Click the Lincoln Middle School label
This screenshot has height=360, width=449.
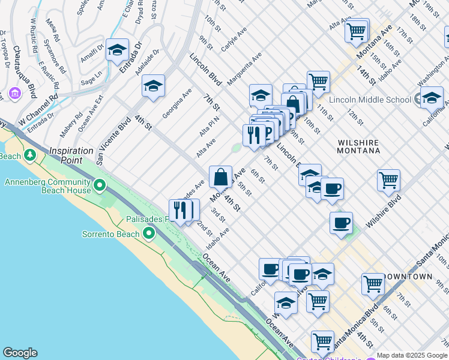(x=368, y=98)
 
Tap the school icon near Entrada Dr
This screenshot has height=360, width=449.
(x=117, y=50)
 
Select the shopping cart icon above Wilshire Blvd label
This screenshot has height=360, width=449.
(x=388, y=179)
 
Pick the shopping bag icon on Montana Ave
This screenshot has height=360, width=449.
(x=220, y=176)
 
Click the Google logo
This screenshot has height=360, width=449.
(x=19, y=353)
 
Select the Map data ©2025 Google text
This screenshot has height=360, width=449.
(x=412, y=355)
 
